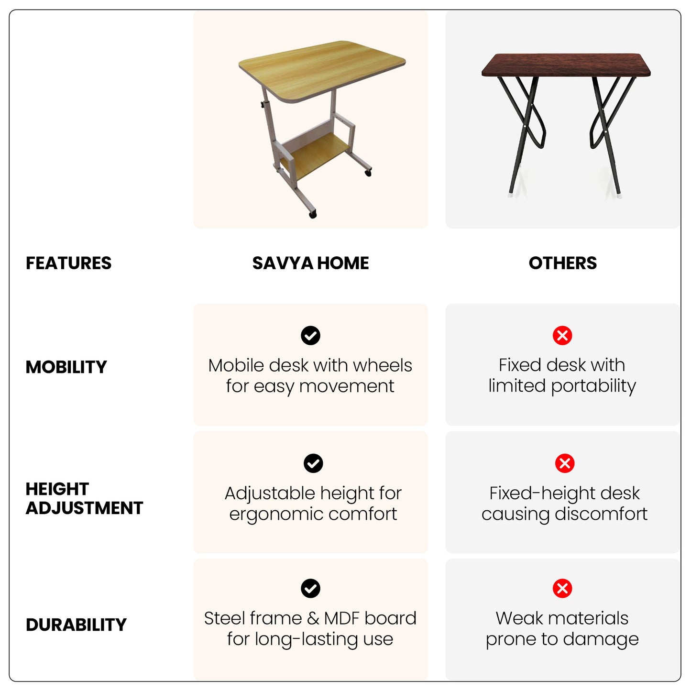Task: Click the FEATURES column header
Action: click(68, 263)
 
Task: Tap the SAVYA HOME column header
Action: click(310, 263)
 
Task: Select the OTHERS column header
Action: click(563, 263)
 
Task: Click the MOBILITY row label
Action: click(66, 367)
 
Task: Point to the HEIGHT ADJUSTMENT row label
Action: click(84, 498)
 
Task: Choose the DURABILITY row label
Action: click(76, 625)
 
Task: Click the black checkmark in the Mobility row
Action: click(310, 336)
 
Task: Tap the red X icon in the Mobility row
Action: click(562, 336)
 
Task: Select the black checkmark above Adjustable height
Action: click(313, 463)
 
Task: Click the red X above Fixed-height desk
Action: click(565, 463)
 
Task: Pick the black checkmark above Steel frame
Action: click(310, 589)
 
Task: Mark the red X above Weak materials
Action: click(562, 589)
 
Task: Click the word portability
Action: click(593, 386)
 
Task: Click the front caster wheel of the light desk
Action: click(313, 214)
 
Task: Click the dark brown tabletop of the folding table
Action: click(566, 65)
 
